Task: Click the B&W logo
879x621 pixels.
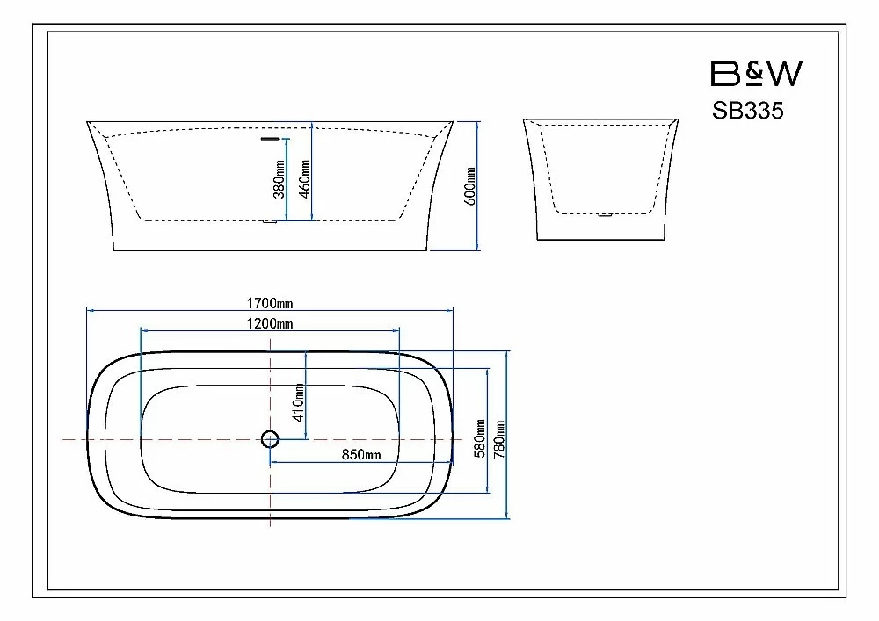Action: point(756,74)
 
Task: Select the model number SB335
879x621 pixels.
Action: point(748,111)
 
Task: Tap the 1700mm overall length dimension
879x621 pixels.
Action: point(270,304)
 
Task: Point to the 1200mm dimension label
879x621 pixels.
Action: point(270,323)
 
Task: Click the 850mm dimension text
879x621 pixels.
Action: point(361,455)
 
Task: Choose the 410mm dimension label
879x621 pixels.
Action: point(299,403)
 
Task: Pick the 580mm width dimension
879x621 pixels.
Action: point(480,438)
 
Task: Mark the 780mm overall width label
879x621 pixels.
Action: point(499,439)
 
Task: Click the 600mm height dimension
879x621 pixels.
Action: point(470,186)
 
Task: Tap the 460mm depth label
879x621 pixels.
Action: point(305,179)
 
